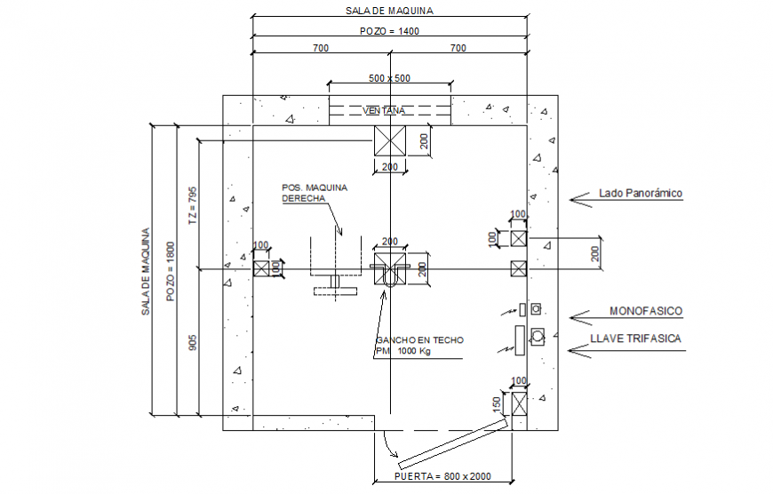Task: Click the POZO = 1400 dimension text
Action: [x=389, y=30]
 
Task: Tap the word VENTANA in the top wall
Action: [x=384, y=111]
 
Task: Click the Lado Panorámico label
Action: [x=640, y=193]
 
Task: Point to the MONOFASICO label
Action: [x=645, y=311]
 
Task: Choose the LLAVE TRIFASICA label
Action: [x=635, y=339]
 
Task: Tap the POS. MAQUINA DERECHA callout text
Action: [x=313, y=194]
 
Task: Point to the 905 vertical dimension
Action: [x=193, y=342]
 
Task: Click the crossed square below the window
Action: [x=389, y=141]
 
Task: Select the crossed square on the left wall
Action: [x=261, y=268]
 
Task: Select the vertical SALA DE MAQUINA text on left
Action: [x=145, y=271]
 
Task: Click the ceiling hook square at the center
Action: [x=389, y=264]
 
